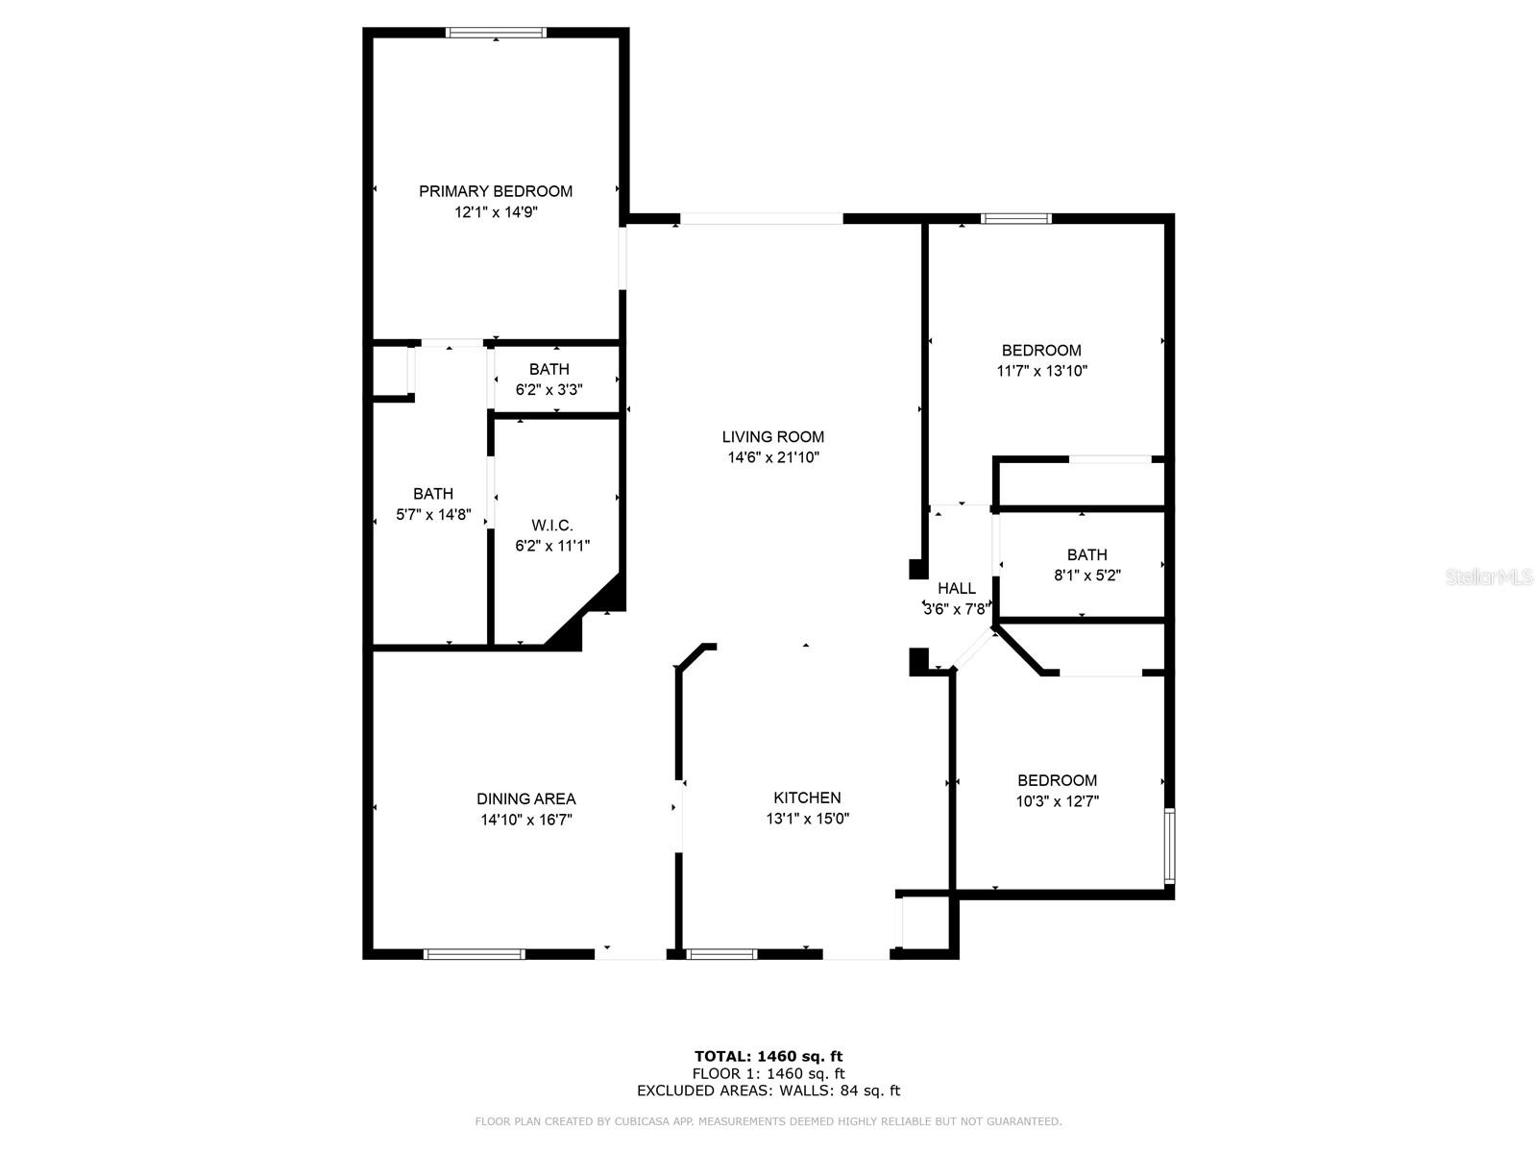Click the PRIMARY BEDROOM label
pos(496,191)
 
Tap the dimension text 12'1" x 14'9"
pos(496,212)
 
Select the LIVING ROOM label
pos(773,437)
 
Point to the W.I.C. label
pos(552,526)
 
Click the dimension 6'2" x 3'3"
pos(549,390)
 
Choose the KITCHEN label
pos(807,797)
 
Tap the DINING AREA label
pos(526,798)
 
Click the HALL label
pos(957,588)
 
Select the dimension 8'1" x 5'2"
pos(1087,576)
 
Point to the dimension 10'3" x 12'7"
pos(1057,801)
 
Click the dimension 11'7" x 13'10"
pos(1042,371)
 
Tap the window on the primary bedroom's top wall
pos(497,33)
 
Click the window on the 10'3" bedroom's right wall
pos(1169,846)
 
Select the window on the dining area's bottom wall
pos(475,954)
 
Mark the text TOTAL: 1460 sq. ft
pos(768,1056)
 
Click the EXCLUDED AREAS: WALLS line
pos(768,1091)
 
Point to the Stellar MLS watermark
pos(1489,576)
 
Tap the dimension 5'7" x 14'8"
pos(433,515)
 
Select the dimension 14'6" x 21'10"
pos(773,458)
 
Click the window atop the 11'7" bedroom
pos(1016,219)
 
